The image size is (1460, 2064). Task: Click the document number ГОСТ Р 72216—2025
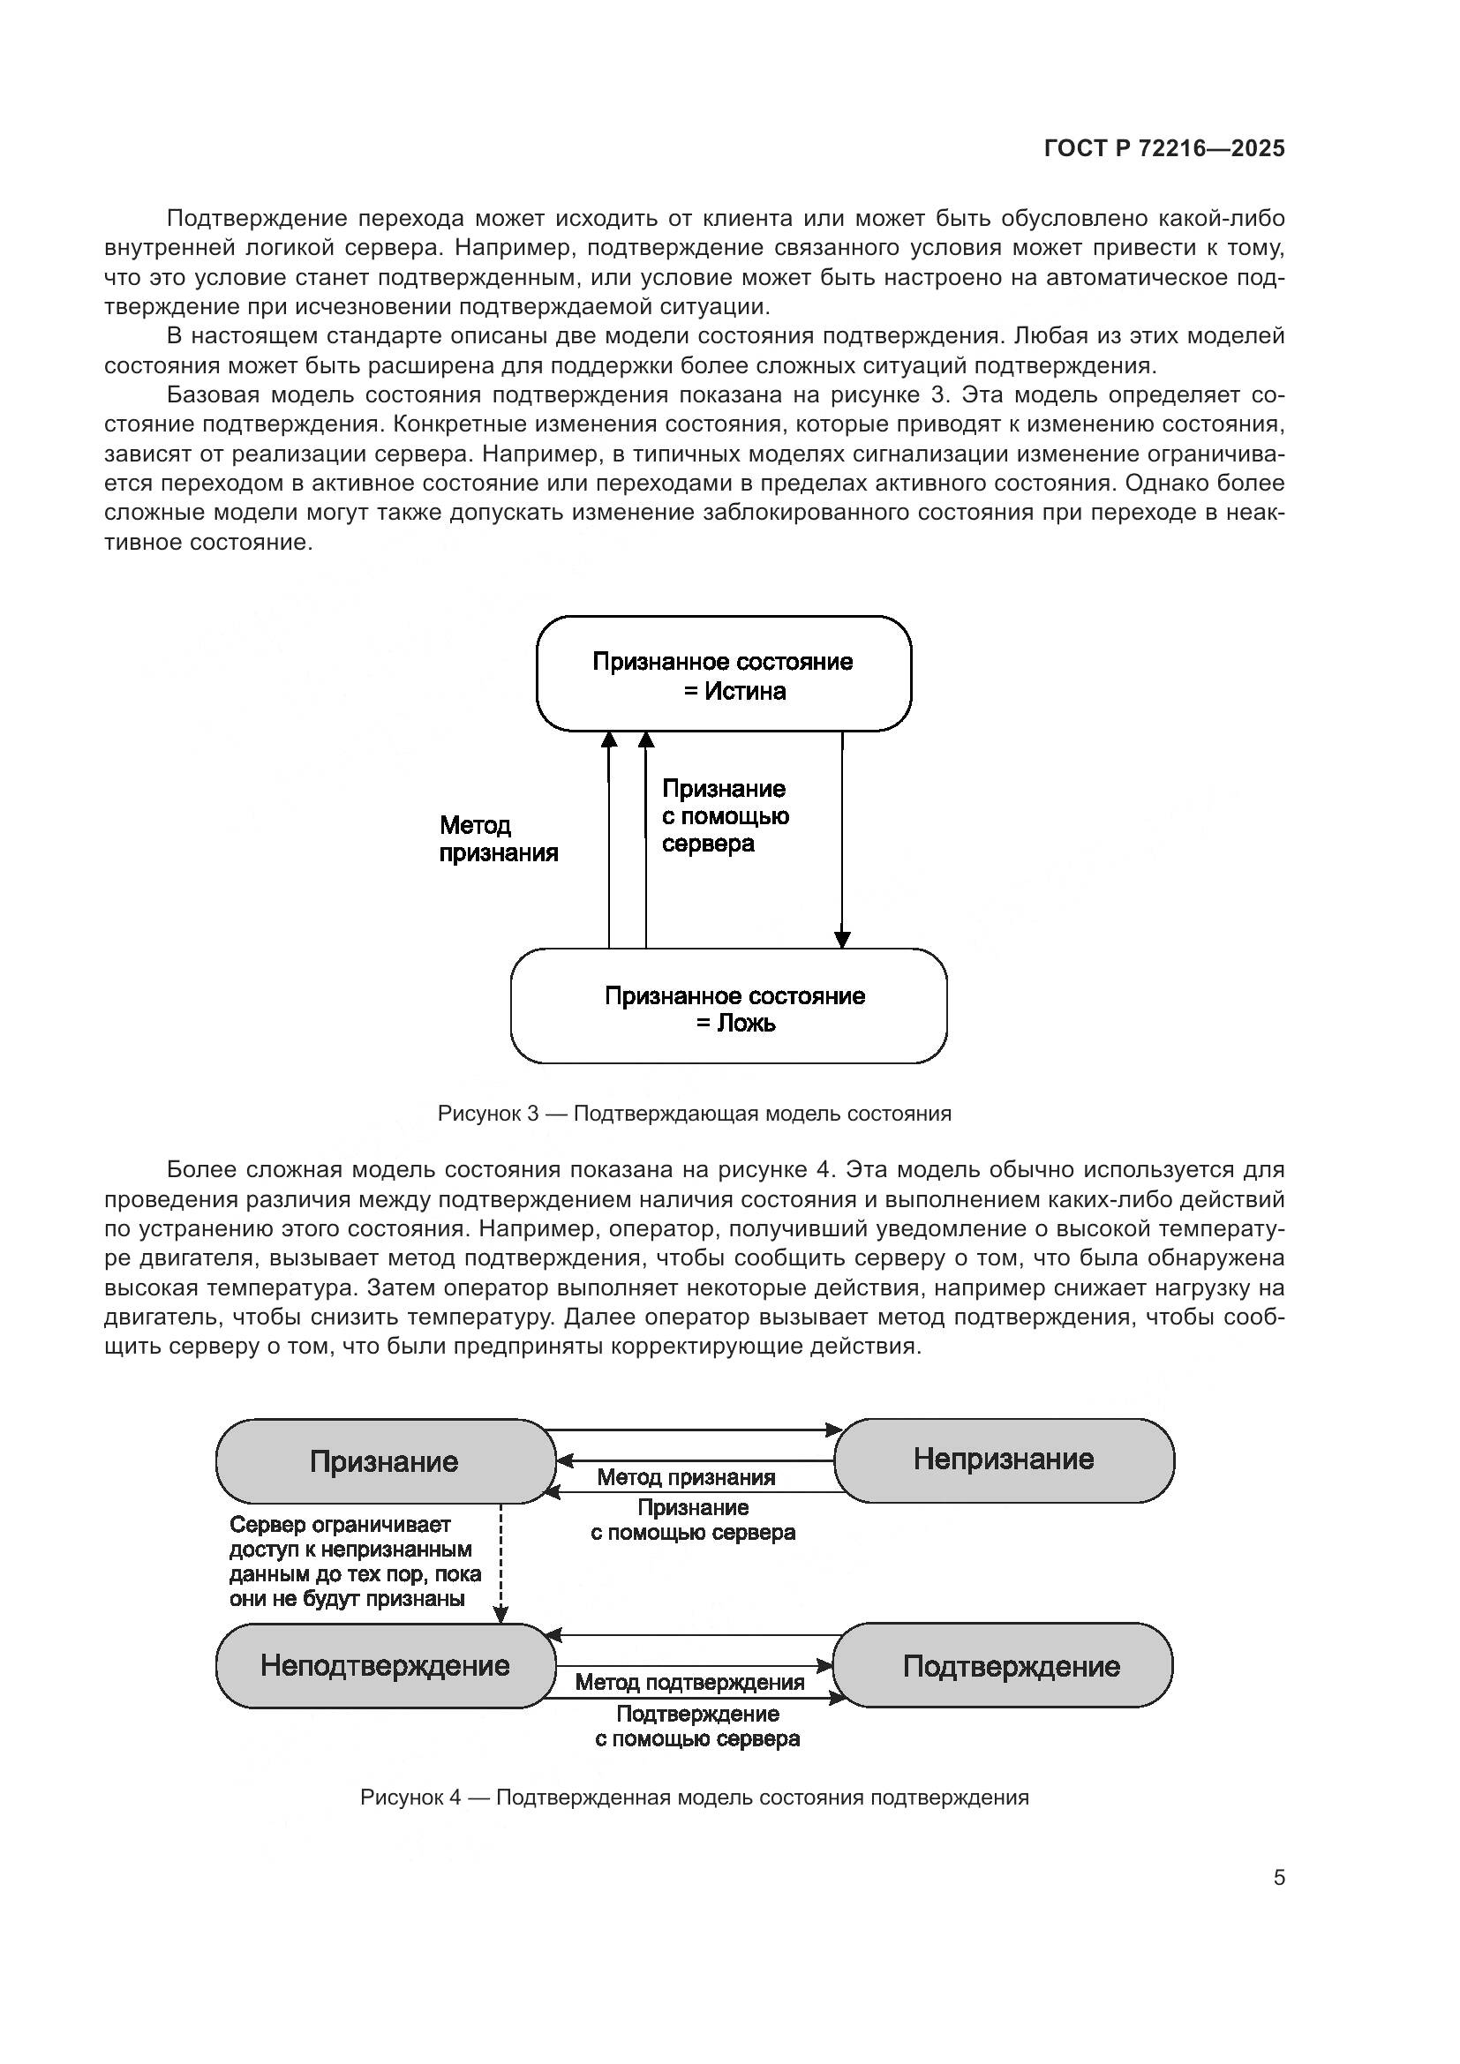[x=1164, y=149]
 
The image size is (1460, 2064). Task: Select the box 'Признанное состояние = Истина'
[x=724, y=675]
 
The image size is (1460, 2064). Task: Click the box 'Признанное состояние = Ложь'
[x=728, y=1008]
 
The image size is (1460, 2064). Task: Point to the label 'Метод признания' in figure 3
[x=498, y=838]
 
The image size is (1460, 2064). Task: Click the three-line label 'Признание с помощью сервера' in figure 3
[x=725, y=816]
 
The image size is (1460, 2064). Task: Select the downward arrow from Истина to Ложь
[x=842, y=841]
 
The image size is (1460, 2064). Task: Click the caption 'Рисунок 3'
[x=694, y=1114]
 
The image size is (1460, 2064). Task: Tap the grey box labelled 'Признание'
[x=385, y=1460]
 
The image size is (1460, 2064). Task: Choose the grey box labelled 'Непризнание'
[x=1004, y=1459]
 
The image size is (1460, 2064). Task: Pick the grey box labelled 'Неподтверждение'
[x=385, y=1665]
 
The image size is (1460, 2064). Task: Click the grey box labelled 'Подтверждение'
[x=1011, y=1666]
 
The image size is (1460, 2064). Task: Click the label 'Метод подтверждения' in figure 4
[x=689, y=1682]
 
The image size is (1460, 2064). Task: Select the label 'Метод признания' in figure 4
[x=686, y=1477]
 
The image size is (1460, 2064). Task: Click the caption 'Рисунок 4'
[x=694, y=1797]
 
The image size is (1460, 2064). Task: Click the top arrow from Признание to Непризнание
[x=695, y=1430]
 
